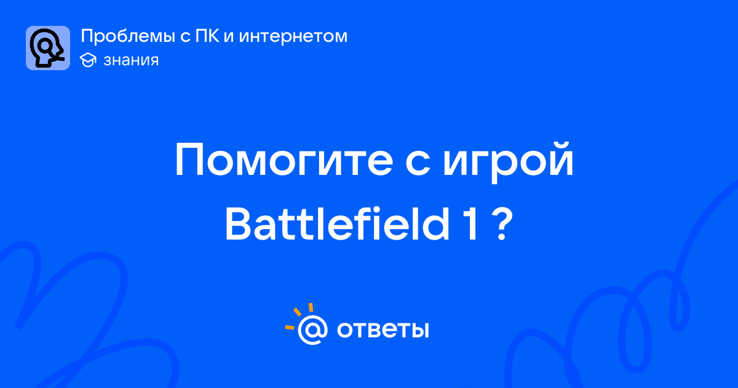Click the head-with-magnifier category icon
coord(48,48)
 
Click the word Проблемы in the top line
coord(128,36)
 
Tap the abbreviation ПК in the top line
coord(207,36)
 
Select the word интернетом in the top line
coord(293,36)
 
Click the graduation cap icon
coord(88,60)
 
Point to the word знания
coord(131,60)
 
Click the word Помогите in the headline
coord(284,160)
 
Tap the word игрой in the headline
coord(508,161)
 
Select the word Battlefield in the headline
coord(338,224)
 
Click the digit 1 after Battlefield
coord(471,224)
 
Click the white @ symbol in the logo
coord(312,329)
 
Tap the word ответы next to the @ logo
coord(383,329)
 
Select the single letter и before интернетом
coord(229,36)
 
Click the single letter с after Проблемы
coord(185,36)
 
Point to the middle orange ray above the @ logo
coord(297,312)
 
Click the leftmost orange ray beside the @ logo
coord(290,327)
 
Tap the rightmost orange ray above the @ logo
coord(311,307)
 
